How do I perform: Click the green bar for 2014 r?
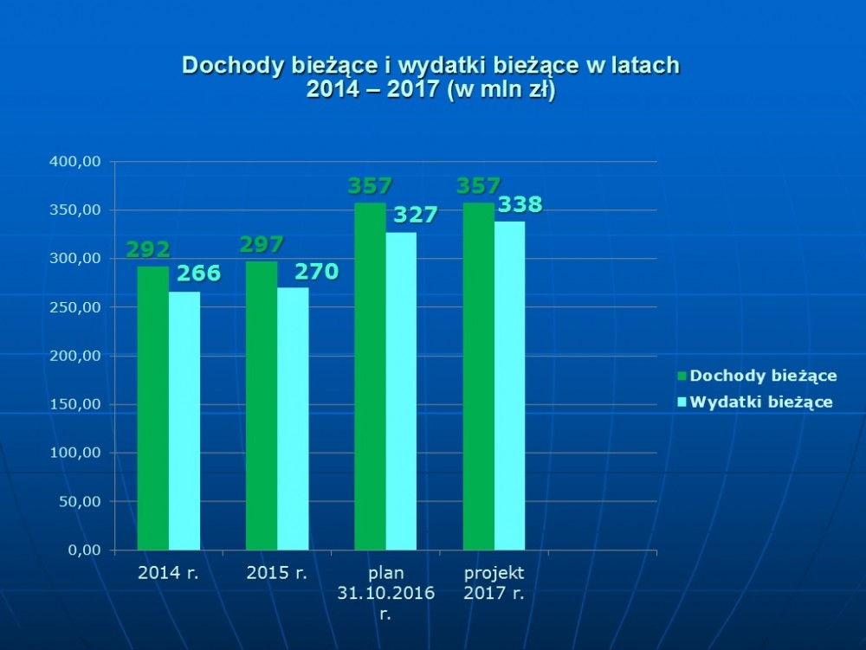[x=153, y=408]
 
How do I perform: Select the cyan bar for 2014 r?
[x=184, y=420]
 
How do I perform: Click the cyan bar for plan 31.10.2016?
[x=401, y=390]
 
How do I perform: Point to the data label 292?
[x=148, y=250]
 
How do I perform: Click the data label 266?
[x=199, y=274]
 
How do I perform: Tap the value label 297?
[x=262, y=245]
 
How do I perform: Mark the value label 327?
[x=417, y=216]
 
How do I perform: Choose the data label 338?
[x=520, y=205]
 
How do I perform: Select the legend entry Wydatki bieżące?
[x=761, y=402]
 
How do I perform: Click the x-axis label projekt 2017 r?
[x=494, y=583]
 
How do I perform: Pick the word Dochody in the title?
[x=224, y=67]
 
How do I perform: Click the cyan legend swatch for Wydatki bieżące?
[x=681, y=402]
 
